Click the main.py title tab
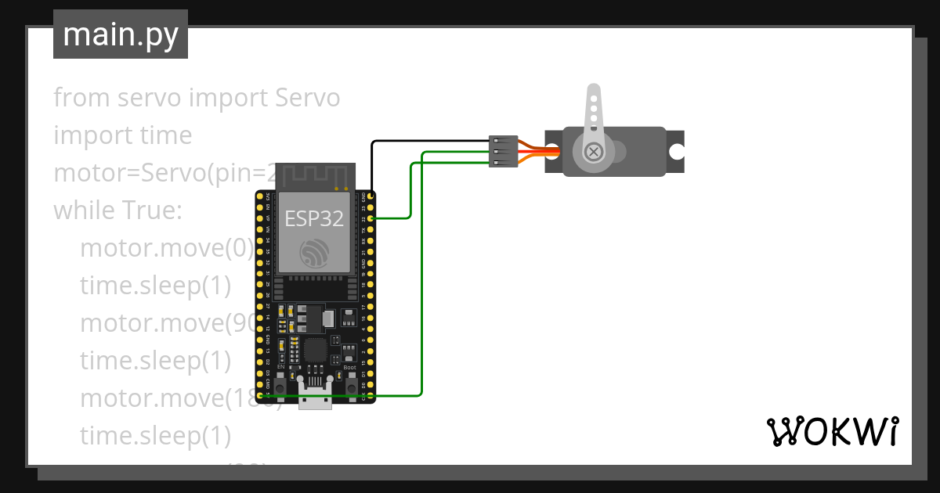pos(120,34)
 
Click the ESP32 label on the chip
pos(314,219)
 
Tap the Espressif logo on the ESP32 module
pos(314,253)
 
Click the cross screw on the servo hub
pos(595,151)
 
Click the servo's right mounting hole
pos(676,151)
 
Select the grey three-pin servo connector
pos(501,151)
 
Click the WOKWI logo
pos(832,432)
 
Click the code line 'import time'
pos(122,135)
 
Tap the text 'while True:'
pos(117,211)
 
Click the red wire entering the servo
pos(548,151)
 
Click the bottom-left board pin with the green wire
pos(261,396)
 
